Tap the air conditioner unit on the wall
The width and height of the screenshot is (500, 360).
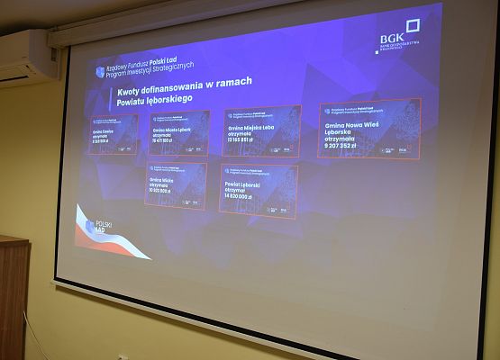[x=25, y=57]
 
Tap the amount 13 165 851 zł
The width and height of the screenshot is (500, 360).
[x=249, y=140]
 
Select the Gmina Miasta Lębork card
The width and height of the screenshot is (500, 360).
[x=178, y=133]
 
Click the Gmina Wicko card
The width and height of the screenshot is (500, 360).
[x=176, y=185]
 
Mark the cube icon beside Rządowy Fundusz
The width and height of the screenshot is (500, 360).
[x=100, y=71]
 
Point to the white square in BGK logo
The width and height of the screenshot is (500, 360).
[x=413, y=28]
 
